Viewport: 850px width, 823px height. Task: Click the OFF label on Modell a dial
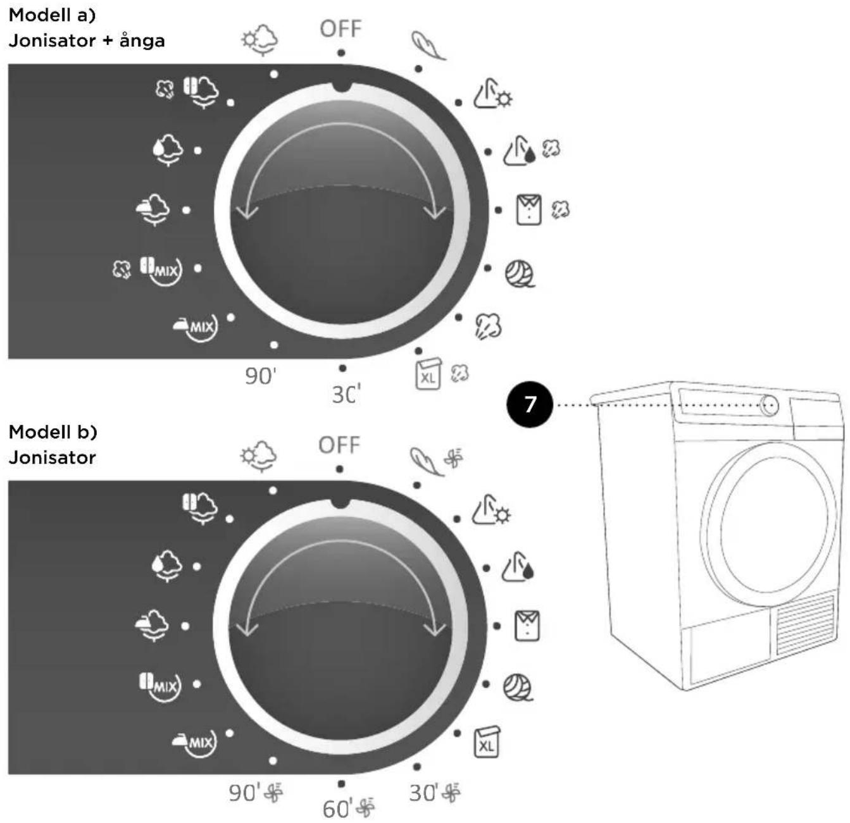pos(341,29)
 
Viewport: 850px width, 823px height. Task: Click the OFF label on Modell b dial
pos(339,445)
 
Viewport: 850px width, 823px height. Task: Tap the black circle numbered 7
pos(529,405)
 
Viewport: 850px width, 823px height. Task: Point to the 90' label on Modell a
pos(261,376)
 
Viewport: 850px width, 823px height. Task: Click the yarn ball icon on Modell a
pos(520,274)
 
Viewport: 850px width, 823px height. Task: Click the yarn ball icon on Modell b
pos(518,688)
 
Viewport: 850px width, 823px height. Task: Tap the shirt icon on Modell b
pos(527,626)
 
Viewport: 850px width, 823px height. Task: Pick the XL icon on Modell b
pos(487,742)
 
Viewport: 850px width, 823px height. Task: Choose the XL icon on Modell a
pos(428,374)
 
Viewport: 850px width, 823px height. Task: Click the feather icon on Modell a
pos(428,46)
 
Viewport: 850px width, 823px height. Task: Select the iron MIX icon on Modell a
pos(195,328)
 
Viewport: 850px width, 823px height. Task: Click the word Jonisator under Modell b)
pos(52,457)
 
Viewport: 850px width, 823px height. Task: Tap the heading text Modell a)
pos(52,15)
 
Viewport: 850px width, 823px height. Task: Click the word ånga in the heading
pos(142,40)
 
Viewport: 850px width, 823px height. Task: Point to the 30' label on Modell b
pos(423,793)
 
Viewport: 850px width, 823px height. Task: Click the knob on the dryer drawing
pos(769,405)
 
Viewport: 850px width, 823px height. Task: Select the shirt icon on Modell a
pos(529,209)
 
